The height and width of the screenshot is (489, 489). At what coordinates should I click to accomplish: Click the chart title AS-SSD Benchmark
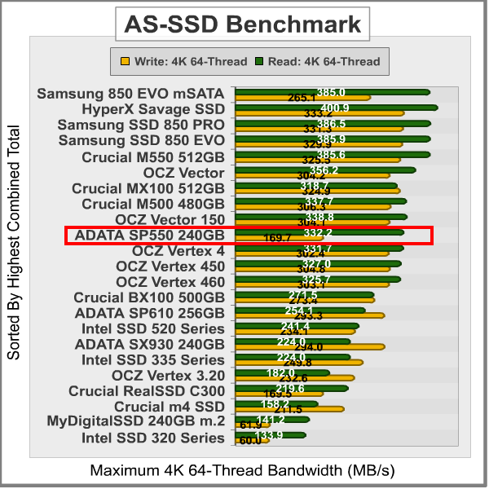coord(242,24)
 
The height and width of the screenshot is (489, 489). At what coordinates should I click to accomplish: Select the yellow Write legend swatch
coord(124,60)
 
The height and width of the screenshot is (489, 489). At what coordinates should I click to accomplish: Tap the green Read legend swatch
coord(260,60)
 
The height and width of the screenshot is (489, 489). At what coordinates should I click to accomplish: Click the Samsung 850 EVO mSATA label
coord(130,94)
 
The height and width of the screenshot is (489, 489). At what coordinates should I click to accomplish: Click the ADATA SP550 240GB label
coord(149,236)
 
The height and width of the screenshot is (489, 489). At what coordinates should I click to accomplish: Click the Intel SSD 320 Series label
coord(153,438)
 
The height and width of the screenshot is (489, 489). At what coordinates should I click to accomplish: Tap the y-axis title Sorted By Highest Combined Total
coord(14,242)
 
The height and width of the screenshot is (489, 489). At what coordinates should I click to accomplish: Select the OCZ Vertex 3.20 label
coord(168,374)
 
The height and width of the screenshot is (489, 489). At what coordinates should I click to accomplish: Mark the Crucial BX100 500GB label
coord(149,297)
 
